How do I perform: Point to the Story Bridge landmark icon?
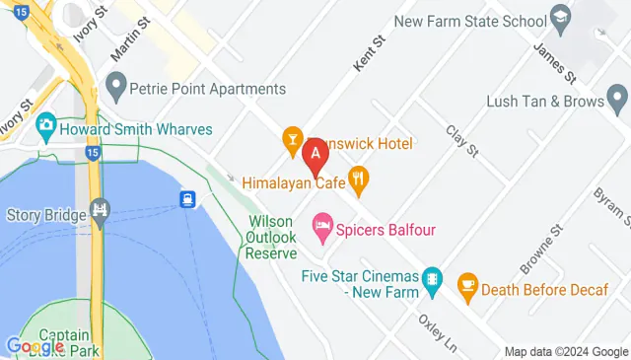click(x=99, y=209)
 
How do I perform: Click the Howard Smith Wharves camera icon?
click(x=45, y=126)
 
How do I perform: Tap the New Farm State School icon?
click(x=561, y=18)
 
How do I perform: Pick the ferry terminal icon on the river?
click(x=186, y=199)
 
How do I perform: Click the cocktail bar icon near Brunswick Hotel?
click(x=292, y=141)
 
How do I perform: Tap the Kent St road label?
click(x=366, y=56)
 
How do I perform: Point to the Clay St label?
click(x=461, y=141)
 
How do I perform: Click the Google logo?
click(x=35, y=346)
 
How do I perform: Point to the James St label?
click(x=554, y=61)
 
